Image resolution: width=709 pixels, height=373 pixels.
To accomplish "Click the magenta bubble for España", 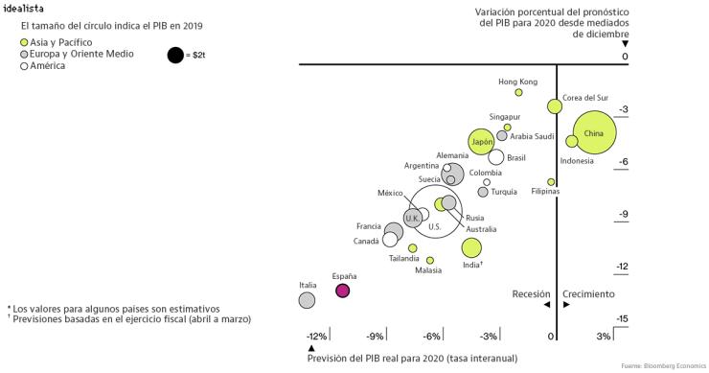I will click(x=343, y=291).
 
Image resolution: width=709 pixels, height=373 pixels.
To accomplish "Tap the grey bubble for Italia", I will click(x=307, y=300).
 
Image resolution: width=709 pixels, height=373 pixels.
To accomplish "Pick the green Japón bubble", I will click(x=482, y=142).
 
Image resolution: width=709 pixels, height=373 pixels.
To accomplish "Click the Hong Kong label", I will click(x=518, y=82).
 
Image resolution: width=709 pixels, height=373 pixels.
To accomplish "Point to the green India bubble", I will click(x=471, y=248).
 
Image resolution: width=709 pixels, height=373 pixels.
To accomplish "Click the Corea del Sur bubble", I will click(x=555, y=106).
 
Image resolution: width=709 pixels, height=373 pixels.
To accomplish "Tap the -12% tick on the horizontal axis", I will click(x=316, y=336).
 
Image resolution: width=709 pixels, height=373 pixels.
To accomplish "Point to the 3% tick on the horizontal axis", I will click(x=603, y=336).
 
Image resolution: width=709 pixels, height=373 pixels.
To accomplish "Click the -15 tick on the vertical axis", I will click(x=621, y=318).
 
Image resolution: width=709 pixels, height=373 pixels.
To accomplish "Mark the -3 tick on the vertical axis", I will click(x=623, y=109).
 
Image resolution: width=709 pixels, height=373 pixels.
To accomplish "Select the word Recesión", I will click(x=532, y=293).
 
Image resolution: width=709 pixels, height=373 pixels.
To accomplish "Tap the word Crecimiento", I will click(x=587, y=293).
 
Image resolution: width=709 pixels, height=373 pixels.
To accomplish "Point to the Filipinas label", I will click(x=546, y=192).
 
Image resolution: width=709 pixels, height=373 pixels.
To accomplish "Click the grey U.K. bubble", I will click(x=412, y=219).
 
